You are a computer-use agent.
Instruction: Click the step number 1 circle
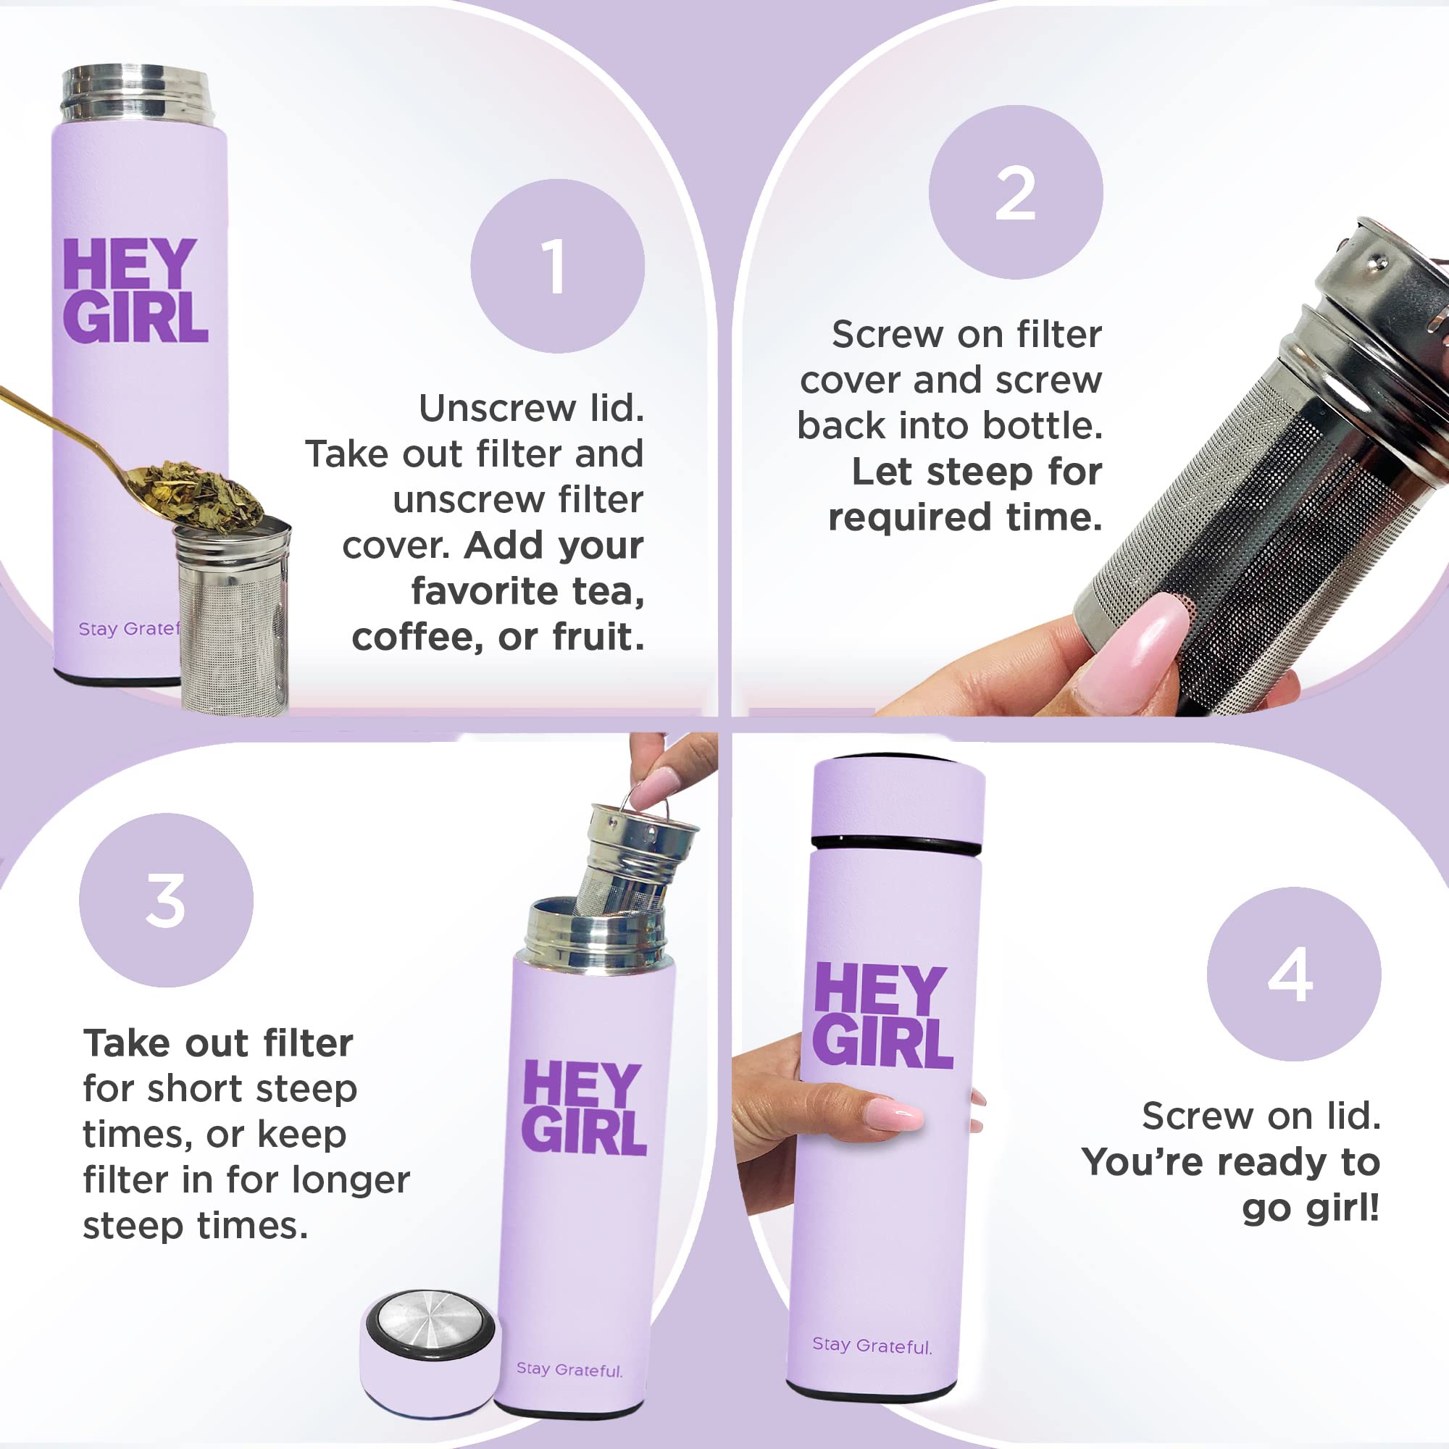(x=557, y=265)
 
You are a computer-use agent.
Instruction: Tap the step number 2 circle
(x=1016, y=192)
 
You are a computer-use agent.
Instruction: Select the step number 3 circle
(x=166, y=900)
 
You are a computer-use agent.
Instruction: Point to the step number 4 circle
(x=1294, y=974)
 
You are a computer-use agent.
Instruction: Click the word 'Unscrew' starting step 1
(x=498, y=408)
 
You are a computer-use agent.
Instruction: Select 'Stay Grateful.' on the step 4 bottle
(x=872, y=1345)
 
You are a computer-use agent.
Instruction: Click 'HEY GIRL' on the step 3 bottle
(x=584, y=1108)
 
